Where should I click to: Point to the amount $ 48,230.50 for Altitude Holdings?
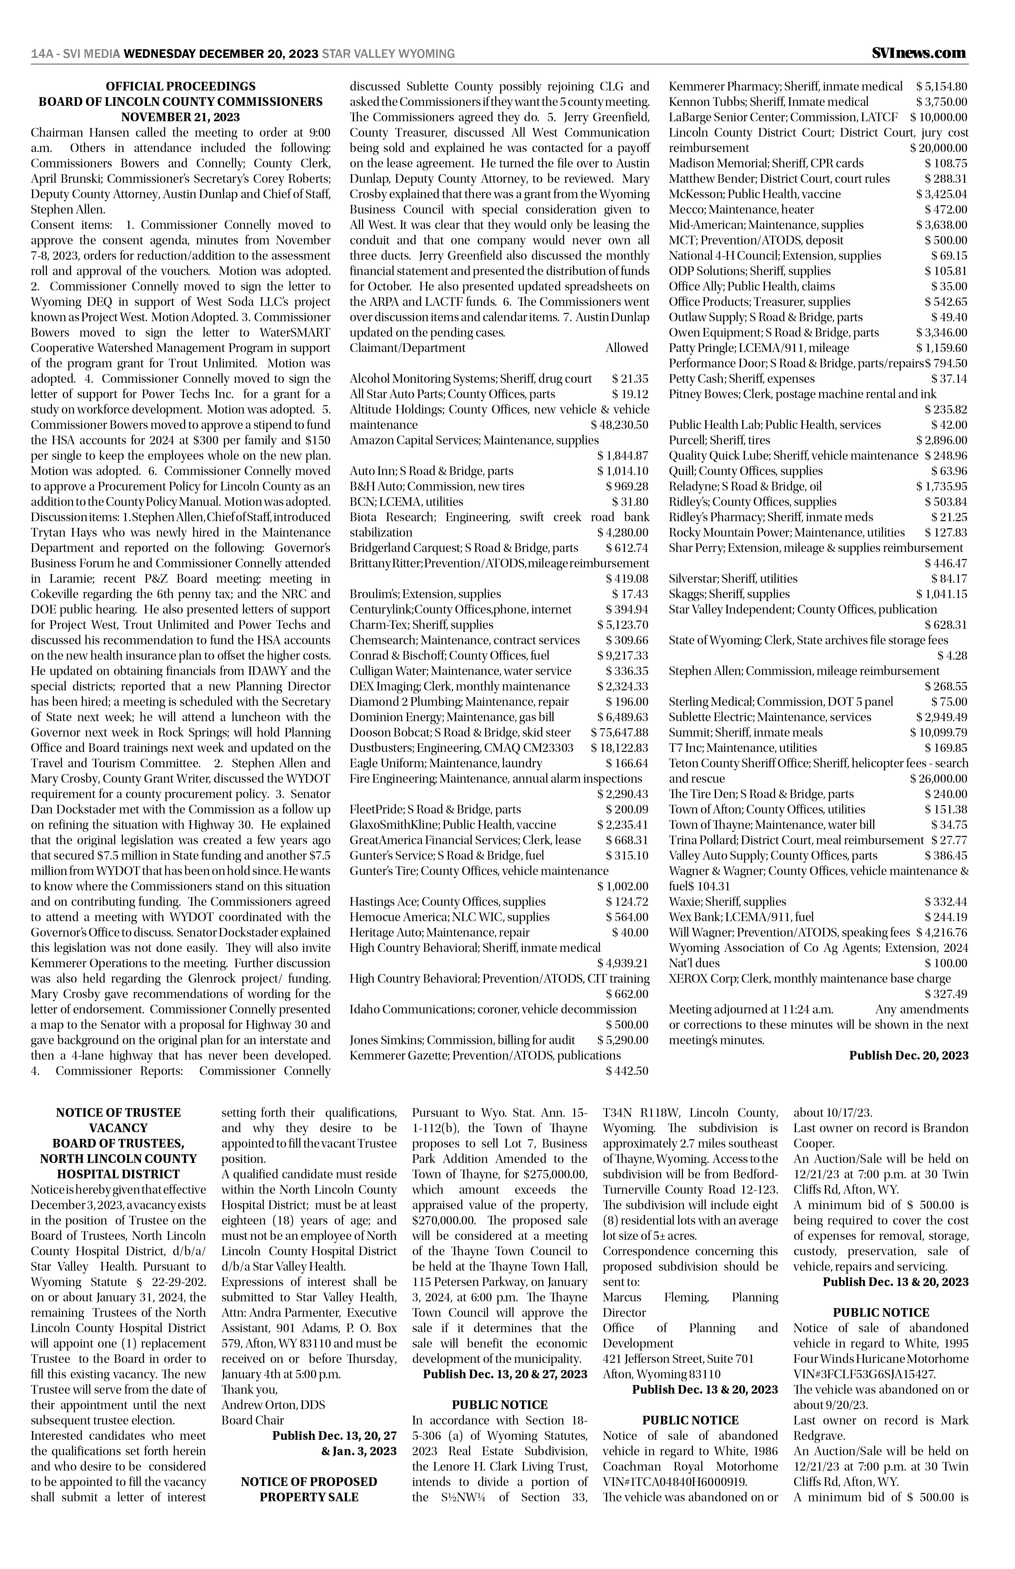pyautogui.click(x=619, y=425)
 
